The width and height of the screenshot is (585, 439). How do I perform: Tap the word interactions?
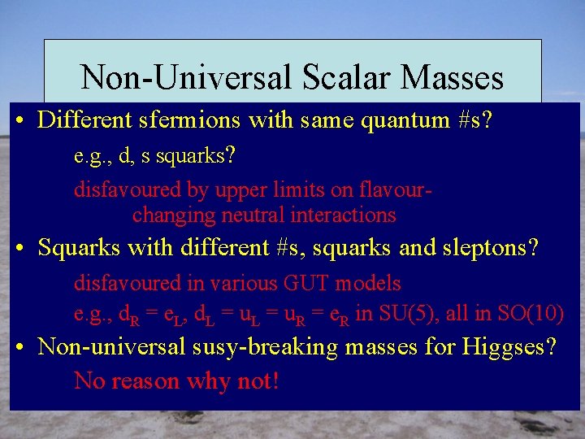click(347, 215)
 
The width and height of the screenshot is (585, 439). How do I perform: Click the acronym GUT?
click(304, 284)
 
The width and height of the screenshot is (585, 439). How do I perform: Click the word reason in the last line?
click(148, 380)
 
